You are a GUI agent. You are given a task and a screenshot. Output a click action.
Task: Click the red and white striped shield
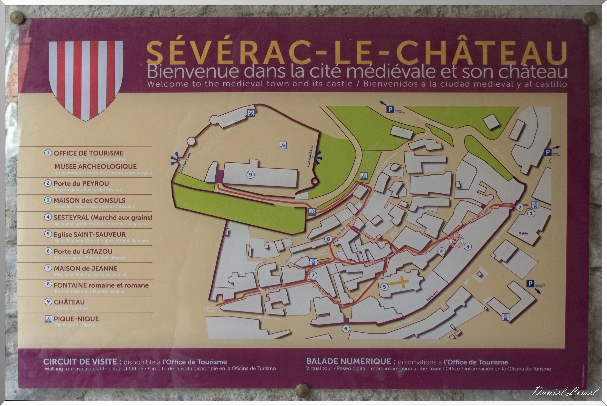86,79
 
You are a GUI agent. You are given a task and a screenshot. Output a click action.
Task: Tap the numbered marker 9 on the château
250,175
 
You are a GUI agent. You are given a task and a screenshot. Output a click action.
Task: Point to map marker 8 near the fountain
328,239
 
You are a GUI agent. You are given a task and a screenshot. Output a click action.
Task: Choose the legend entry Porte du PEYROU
81,184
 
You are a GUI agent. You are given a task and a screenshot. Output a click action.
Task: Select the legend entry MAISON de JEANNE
85,268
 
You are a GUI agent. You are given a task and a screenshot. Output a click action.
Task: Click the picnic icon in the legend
48,319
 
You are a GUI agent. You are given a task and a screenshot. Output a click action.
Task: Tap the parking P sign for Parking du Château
390,110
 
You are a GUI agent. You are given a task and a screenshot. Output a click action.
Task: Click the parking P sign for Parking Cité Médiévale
530,284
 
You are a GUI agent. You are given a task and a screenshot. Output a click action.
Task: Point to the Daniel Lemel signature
565,391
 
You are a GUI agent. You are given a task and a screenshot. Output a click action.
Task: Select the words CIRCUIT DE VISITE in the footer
82,362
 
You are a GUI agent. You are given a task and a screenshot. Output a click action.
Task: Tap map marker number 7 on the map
313,275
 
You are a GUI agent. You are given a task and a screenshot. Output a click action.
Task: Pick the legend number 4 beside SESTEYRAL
48,217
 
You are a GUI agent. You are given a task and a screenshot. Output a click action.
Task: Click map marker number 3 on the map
467,247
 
